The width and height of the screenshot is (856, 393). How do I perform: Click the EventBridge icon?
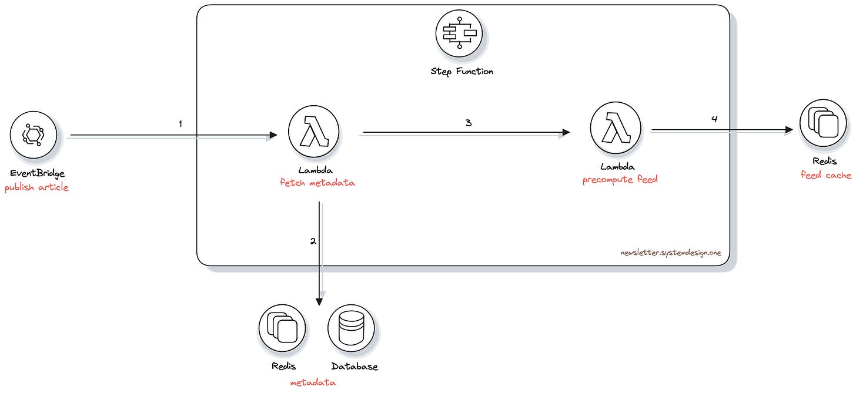coord(34,135)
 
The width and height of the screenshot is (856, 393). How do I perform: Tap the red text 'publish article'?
coord(36,188)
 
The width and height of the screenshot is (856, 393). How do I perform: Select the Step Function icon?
coord(459,33)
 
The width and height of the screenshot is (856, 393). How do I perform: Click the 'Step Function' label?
coord(462,72)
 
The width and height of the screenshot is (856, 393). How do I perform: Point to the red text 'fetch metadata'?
coord(317,183)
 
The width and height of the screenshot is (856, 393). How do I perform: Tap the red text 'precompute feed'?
coord(620,180)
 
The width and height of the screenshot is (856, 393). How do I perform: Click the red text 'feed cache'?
coord(825,175)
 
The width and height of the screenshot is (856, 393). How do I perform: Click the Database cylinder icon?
coord(350,327)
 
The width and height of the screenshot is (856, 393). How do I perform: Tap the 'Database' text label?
coord(354,367)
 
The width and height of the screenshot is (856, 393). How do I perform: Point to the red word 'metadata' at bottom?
coord(313,382)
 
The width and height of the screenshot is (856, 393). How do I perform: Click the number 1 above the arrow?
coord(180,124)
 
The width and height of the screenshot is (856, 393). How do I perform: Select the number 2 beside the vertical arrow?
coord(313,241)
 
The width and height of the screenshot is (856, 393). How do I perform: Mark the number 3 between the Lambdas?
coord(468,123)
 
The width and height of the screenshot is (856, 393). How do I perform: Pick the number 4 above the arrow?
coord(714,119)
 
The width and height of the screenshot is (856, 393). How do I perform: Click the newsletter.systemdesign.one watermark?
coord(670,253)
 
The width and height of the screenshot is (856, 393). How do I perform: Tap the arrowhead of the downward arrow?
coord(319,301)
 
